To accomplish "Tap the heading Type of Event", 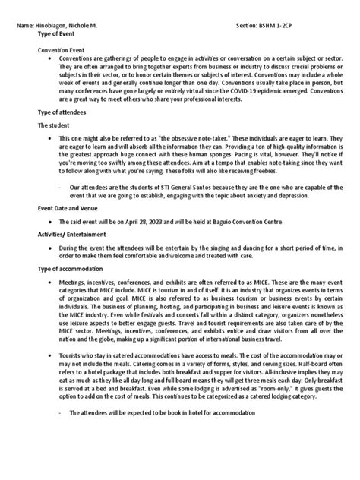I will click(60, 35).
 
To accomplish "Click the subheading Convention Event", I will click(65, 48).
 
